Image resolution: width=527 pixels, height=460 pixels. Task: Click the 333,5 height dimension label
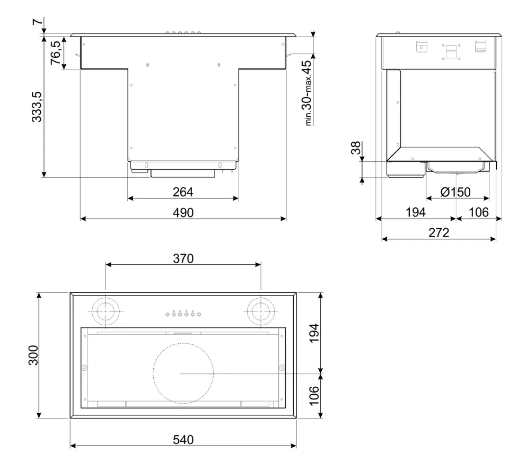(x=37, y=107)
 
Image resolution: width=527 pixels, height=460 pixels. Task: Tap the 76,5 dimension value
(x=56, y=53)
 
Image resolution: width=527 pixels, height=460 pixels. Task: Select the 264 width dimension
(x=183, y=192)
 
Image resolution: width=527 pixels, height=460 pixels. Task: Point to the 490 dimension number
(x=183, y=213)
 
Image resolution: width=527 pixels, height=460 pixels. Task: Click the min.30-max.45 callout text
(x=308, y=93)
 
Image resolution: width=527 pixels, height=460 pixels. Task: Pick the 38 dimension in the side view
(x=356, y=148)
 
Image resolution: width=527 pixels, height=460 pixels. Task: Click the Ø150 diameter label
(x=455, y=192)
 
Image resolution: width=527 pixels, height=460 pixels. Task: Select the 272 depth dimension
(x=438, y=233)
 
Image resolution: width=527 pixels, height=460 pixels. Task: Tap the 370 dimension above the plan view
(x=183, y=258)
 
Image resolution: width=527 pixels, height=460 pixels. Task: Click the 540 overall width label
(x=183, y=439)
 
